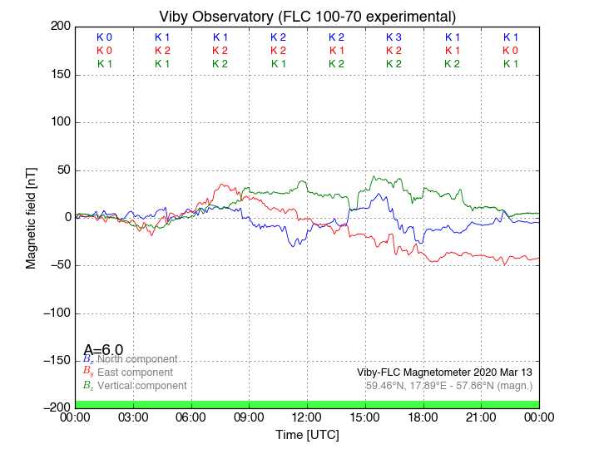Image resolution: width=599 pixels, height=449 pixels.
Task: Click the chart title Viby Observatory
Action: coord(307,17)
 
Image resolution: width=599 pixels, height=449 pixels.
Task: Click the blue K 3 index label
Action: coord(394,37)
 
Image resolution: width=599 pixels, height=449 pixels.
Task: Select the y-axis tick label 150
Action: coord(58,75)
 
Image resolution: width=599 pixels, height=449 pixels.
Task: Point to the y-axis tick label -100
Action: coord(54,313)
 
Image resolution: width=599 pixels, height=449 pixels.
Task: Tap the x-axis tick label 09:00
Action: coord(250,417)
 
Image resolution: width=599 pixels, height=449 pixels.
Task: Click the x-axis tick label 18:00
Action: coord(423,417)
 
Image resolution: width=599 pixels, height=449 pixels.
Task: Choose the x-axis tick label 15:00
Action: coord(365,417)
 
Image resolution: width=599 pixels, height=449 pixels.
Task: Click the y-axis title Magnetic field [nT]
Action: coord(32,217)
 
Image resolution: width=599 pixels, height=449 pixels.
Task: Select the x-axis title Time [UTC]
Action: coord(307,434)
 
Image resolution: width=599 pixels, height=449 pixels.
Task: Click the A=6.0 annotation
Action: coord(103,349)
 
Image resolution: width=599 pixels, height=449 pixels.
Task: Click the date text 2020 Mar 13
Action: coord(502,372)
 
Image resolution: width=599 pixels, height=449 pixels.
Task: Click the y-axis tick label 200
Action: coord(58,27)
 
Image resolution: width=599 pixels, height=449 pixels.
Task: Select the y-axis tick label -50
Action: coord(57,266)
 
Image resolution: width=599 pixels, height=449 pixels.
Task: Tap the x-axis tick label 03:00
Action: coord(133,417)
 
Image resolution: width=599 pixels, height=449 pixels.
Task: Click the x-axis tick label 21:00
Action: coord(482,417)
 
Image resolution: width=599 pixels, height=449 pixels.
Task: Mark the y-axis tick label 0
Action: coord(65,218)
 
